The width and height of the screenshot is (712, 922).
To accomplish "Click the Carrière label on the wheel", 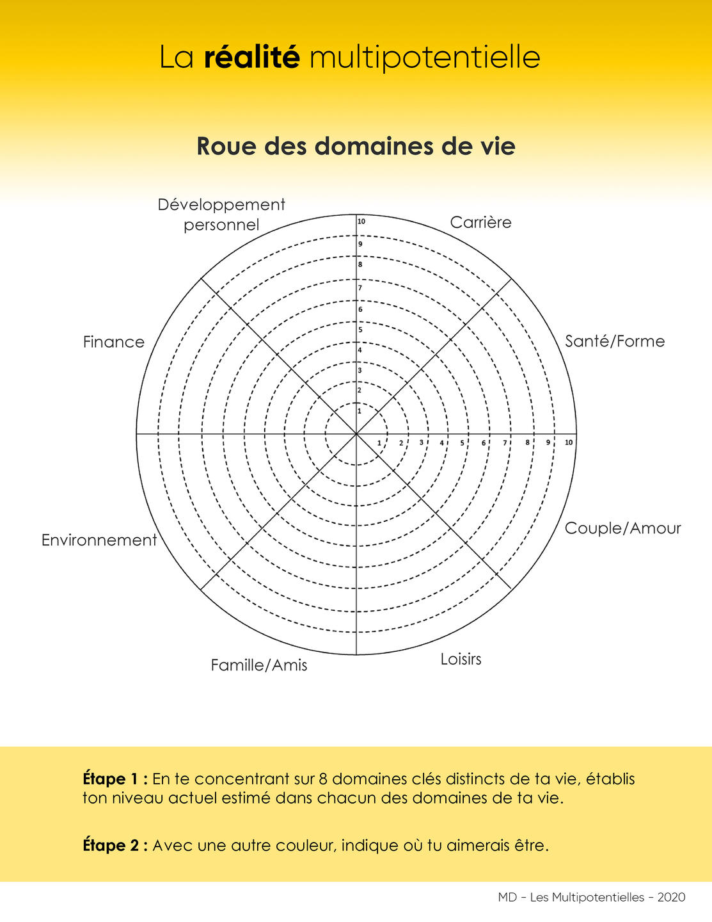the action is pos(480,223).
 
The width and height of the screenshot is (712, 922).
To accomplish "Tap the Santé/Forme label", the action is pos(615,341).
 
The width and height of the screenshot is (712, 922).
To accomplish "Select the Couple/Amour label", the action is pos(622,528).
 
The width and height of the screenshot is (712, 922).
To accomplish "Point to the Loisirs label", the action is pos(461,659).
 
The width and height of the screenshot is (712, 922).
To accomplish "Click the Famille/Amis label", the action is pos(259,666).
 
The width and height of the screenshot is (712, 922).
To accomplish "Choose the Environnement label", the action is pos(99,540).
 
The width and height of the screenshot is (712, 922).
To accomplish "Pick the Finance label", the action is pos(114,342).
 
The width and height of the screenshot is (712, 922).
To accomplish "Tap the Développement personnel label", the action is pos(221,214).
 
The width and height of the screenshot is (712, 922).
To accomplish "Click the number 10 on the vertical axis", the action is pos(361,222).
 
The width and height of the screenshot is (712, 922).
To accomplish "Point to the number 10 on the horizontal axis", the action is pos(569,442).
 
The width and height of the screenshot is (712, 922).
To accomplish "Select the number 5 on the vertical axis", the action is pos(360,330).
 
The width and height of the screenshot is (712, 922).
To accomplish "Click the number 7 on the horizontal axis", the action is pos(505,442).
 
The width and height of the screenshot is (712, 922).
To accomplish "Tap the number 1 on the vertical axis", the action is pos(360,411).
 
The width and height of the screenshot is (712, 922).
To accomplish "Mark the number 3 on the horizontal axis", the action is pos(421,442).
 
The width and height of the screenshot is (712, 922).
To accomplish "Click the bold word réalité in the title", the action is pos(252,57).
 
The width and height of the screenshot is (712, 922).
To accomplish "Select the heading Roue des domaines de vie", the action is pos(356,146).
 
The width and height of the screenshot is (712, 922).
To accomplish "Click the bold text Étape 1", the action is pos(115,779).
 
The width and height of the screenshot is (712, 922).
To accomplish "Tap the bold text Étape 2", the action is pos(115,846).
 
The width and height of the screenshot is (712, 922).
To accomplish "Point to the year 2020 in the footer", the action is pos(671,898).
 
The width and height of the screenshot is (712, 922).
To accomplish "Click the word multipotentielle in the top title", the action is pos(425,58).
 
